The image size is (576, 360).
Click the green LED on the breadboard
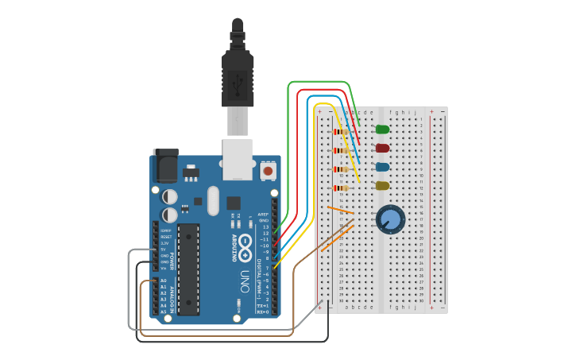(x=382, y=129)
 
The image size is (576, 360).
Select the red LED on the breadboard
(x=382, y=148)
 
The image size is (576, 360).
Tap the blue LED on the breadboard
(x=382, y=167)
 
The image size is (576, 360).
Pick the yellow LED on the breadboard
(x=382, y=186)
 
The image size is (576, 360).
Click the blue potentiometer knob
(x=390, y=219)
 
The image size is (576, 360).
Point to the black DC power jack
(x=164, y=165)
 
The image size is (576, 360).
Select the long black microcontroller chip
(x=188, y=269)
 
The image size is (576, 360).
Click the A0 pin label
(x=164, y=281)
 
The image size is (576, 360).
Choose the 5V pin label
(x=163, y=250)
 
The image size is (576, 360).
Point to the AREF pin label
(x=264, y=215)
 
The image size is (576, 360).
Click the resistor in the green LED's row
(x=342, y=132)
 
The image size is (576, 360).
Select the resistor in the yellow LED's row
(x=342, y=188)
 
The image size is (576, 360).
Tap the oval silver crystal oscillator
(x=213, y=200)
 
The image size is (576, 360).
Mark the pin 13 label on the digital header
(x=266, y=226)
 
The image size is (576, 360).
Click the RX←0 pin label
(x=263, y=312)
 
